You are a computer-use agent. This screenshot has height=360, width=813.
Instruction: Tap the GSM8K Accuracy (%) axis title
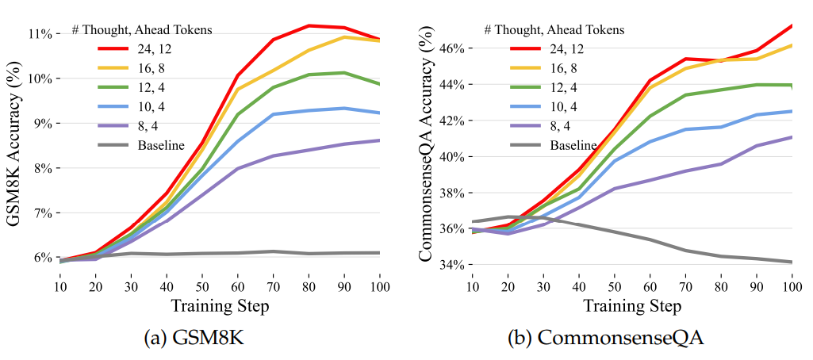pyautogui.click(x=13, y=146)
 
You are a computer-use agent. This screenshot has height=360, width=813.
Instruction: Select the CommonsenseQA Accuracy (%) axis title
pyautogui.click(x=425, y=147)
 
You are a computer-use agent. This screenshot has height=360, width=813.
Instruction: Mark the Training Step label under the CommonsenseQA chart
pyautogui.click(x=633, y=305)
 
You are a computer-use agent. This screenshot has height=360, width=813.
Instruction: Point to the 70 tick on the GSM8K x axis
pyautogui.click(x=272, y=285)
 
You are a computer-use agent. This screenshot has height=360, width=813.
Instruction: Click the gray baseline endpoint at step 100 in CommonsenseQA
pyautogui.click(x=792, y=262)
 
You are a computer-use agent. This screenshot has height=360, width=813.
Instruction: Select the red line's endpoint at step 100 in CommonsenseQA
pyautogui.click(x=792, y=25)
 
